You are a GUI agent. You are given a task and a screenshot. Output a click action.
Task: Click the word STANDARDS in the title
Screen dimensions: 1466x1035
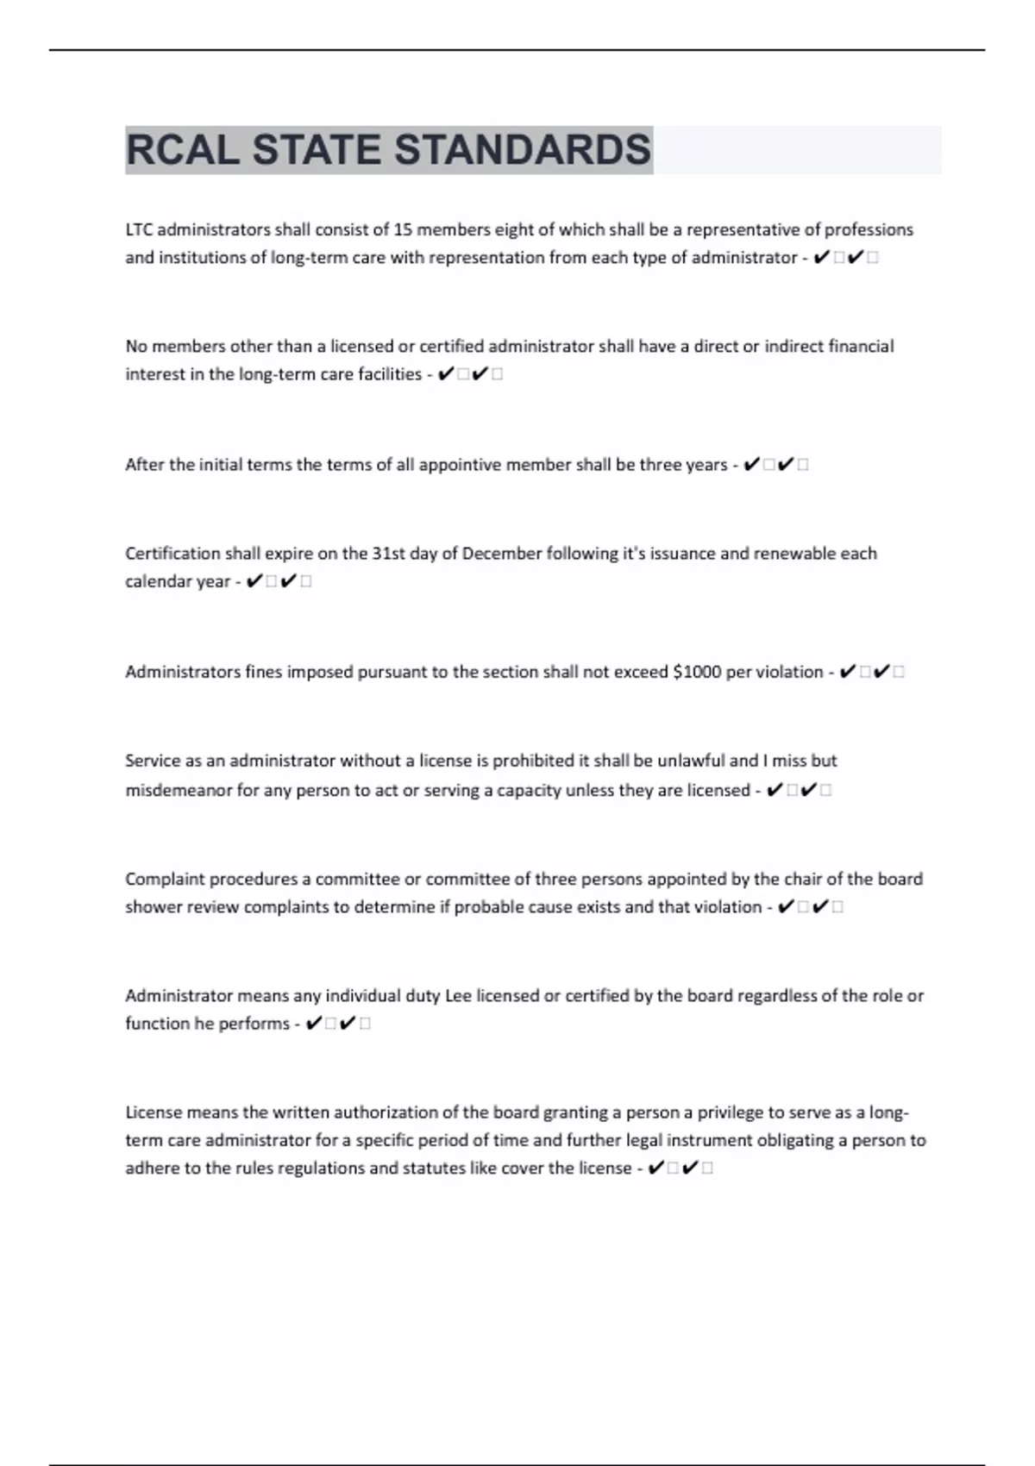tap(523, 150)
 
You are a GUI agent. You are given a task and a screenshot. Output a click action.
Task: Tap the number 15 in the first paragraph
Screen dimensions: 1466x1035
tap(403, 229)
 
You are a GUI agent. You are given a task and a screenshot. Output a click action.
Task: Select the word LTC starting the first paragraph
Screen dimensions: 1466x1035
tap(139, 229)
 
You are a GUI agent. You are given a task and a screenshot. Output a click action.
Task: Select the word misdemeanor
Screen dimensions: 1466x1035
tap(179, 790)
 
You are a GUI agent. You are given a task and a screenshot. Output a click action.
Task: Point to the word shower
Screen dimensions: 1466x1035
tap(154, 907)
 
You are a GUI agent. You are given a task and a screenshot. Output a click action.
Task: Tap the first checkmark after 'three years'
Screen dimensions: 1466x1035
tap(750, 465)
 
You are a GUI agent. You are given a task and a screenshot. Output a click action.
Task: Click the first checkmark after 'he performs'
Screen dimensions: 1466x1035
tap(314, 1024)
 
